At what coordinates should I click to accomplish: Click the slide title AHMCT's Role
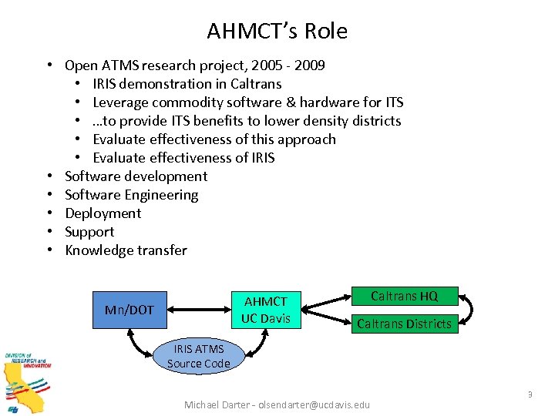tap(277, 31)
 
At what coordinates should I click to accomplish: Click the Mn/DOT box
tap(129, 310)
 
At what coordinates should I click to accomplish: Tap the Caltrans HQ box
tap(404, 296)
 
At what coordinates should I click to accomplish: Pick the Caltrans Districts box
tap(404, 324)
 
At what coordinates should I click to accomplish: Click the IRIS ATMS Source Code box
tap(198, 356)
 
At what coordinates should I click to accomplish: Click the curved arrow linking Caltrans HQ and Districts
tap(469, 310)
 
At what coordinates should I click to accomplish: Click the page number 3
tap(530, 394)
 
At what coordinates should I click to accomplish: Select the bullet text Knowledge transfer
tap(126, 250)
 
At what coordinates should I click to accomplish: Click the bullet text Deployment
tap(103, 213)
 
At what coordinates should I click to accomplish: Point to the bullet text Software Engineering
tap(132, 195)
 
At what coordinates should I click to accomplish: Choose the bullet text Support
tap(89, 232)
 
